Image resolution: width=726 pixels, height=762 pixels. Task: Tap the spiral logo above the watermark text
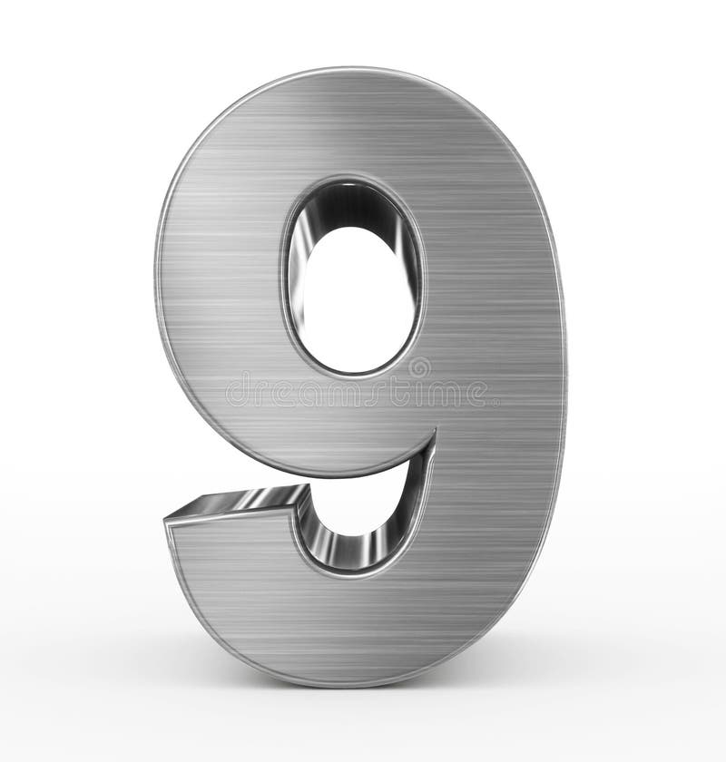pyautogui.click(x=419, y=367)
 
